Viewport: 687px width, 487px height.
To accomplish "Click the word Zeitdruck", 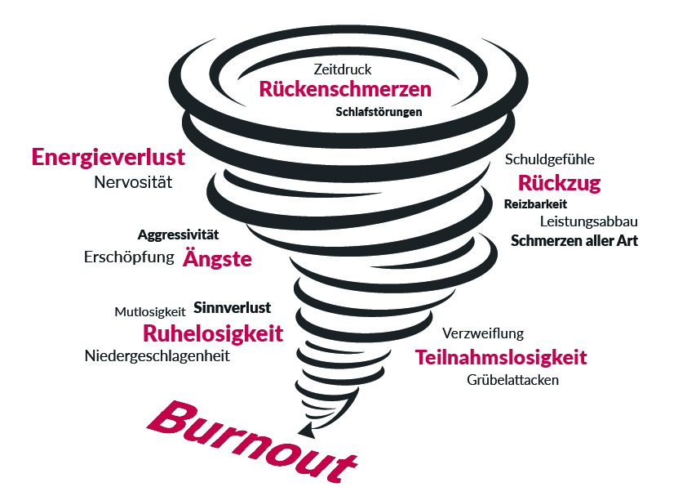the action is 342,69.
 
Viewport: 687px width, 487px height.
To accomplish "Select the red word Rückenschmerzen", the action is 345,89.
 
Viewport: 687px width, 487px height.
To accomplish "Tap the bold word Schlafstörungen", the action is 379,112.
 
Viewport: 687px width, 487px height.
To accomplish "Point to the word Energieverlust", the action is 109,157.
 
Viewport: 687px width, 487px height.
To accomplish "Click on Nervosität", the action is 133,182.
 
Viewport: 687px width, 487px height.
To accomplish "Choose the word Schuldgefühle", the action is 549,159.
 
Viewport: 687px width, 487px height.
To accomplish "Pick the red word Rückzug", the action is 559,183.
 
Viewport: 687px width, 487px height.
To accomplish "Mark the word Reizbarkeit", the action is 535,204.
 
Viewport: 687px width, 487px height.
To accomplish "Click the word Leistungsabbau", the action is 588,221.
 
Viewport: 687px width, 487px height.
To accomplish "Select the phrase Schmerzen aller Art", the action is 574,240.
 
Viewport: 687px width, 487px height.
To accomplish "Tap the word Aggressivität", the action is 178,235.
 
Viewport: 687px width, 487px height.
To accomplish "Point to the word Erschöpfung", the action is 129,257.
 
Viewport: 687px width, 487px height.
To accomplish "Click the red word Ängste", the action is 217,257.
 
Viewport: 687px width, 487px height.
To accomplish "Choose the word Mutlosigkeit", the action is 150,312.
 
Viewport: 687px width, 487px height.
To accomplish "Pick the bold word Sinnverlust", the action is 233,307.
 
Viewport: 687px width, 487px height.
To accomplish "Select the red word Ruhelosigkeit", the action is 213,333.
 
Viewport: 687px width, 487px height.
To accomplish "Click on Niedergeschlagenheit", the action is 157,355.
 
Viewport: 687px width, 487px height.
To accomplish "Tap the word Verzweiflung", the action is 483,333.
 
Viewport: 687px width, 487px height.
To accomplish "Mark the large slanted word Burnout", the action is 252,442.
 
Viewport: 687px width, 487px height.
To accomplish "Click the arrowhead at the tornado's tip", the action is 306,430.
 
